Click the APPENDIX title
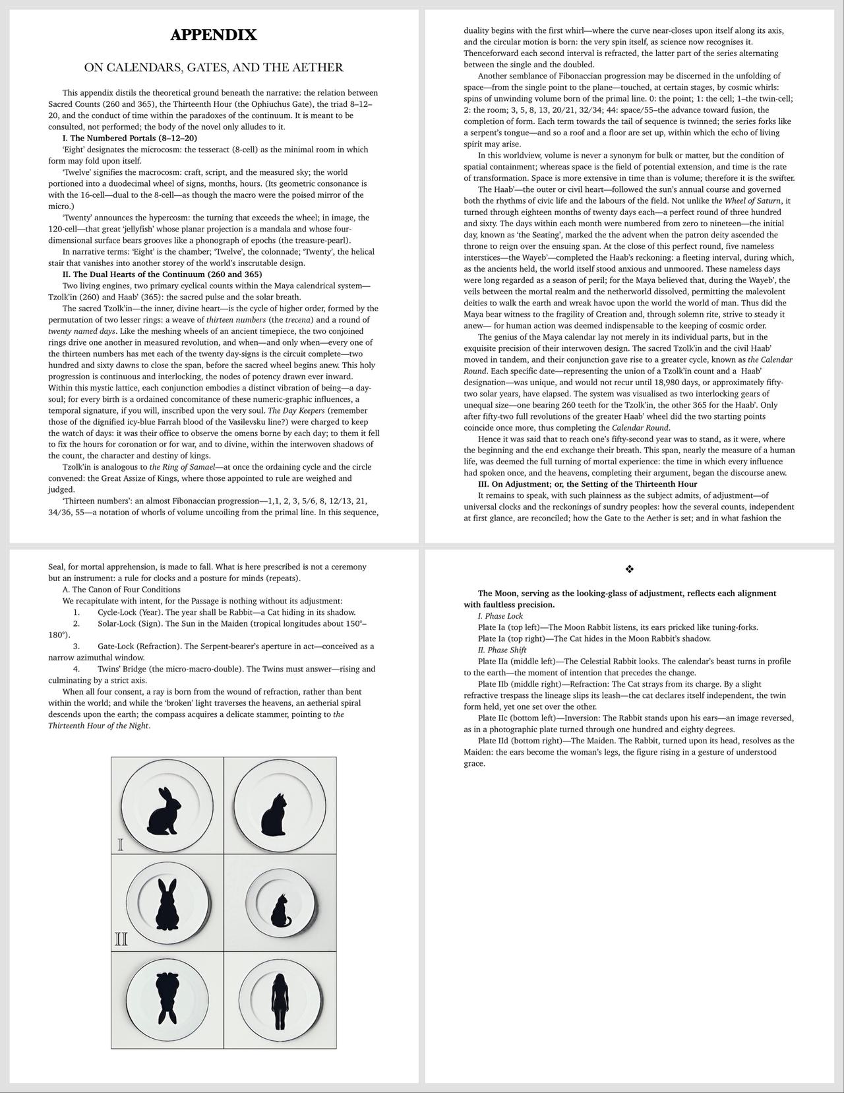[x=213, y=36]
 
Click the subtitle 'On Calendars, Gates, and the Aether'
[x=213, y=67]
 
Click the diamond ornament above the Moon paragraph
[x=629, y=569]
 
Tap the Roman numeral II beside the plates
[x=121, y=939]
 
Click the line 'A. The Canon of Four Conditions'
[x=121, y=590]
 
